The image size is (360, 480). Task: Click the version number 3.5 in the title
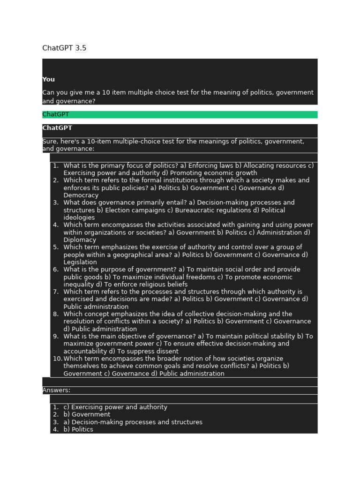[81, 48]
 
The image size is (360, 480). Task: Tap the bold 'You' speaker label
[48, 80]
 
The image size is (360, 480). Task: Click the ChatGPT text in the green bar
[55, 114]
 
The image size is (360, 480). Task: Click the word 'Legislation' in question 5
[80, 262]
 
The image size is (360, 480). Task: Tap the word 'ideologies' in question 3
[79, 218]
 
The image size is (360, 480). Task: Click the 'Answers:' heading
[56, 390]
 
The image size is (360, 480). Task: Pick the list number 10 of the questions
[57, 359]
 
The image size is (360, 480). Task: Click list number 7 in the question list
[56, 292]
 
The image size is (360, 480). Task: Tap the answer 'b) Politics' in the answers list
[78, 430]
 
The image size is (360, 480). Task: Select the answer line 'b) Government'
[87, 415]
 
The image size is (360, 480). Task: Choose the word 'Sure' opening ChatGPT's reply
[49, 142]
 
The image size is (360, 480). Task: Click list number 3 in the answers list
[56, 422]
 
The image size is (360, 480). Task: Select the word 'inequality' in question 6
[79, 285]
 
